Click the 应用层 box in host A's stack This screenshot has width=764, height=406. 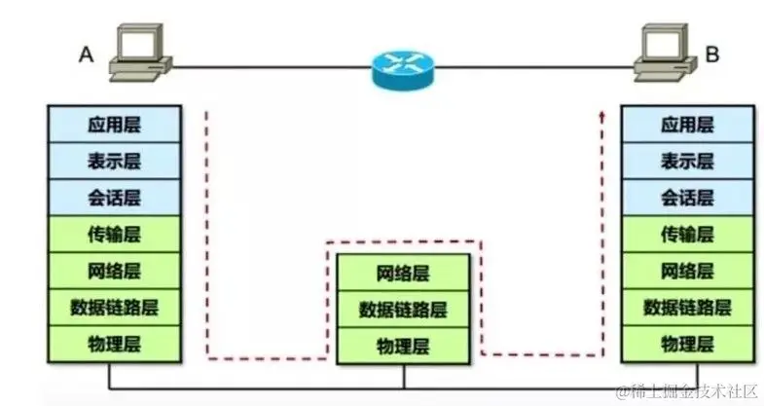[114, 124]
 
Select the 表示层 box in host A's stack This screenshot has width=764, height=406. [114, 160]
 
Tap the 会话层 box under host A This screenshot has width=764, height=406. [114, 198]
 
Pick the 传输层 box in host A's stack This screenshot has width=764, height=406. [114, 235]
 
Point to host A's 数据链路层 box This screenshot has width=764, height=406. [114, 308]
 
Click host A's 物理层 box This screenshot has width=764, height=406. [114, 343]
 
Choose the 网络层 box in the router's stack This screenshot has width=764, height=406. [402, 272]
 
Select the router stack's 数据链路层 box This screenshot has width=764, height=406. [402, 310]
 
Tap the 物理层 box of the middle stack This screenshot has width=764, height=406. [402, 346]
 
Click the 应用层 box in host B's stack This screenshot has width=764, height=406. [687, 124]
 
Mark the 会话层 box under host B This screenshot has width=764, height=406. [687, 198]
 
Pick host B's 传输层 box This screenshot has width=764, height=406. [687, 235]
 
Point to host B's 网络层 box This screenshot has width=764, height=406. [687, 271]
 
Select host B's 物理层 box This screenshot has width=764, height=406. [687, 343]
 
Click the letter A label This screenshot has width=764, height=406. [86, 55]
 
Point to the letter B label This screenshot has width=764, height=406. [711, 55]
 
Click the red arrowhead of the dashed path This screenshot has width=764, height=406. [602, 117]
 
